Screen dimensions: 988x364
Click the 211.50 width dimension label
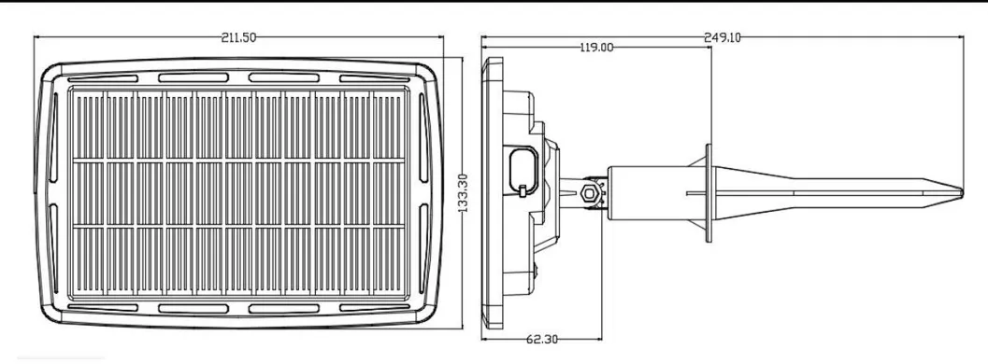238,37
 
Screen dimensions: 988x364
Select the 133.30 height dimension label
463,193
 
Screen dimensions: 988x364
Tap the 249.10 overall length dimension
723,37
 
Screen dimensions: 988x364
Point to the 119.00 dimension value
596,48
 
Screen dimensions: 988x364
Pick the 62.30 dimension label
542,340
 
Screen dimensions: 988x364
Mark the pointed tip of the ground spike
962,191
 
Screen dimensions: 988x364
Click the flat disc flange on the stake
709,193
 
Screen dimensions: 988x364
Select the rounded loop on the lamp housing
523,170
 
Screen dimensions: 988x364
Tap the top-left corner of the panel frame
44,68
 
